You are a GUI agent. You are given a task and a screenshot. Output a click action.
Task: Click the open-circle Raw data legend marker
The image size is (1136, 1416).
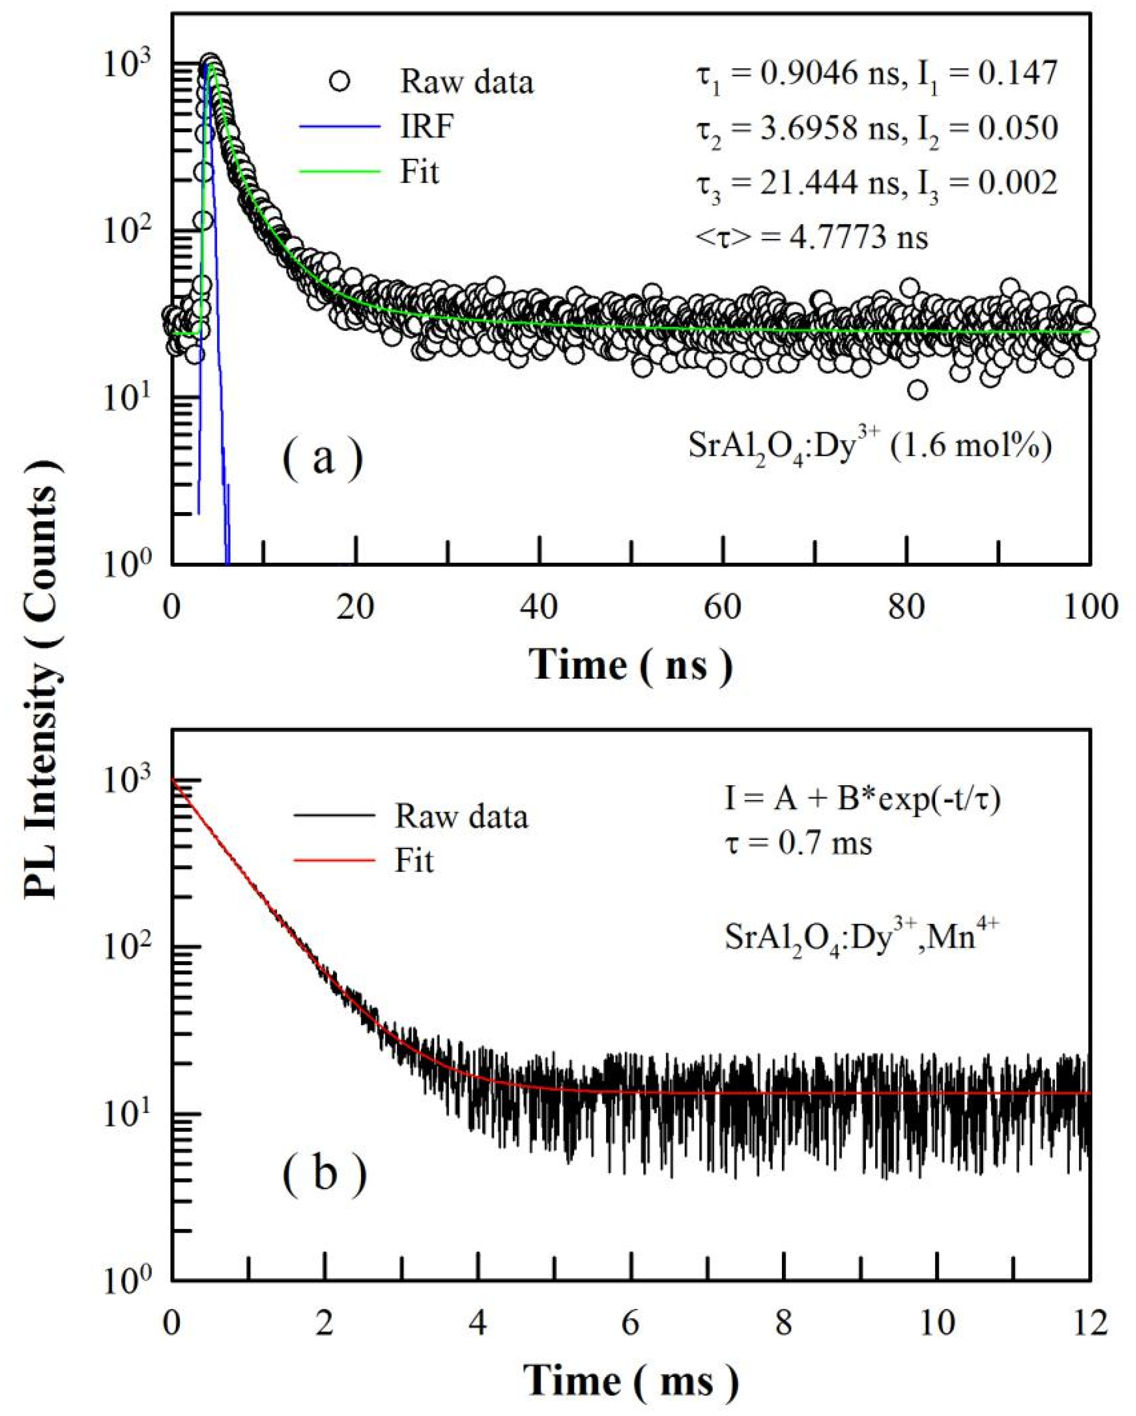[339, 82]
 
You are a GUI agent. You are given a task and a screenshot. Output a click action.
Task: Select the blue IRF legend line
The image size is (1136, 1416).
[339, 126]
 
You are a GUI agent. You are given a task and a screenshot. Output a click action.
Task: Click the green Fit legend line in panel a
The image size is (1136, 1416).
[339, 172]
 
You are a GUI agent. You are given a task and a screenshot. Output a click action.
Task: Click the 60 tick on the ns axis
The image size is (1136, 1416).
[722, 607]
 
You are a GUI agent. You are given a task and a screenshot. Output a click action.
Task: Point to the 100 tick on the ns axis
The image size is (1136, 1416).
[1090, 607]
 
